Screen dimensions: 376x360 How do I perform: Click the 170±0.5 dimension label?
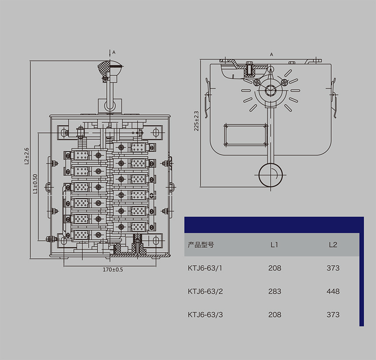pyautogui.click(x=113, y=270)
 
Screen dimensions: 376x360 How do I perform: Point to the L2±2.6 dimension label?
pyautogui.click(x=27, y=156)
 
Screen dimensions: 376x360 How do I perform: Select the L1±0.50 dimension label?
pyautogui.click(x=35, y=184)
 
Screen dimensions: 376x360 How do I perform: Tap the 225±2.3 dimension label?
pyautogui.click(x=197, y=121)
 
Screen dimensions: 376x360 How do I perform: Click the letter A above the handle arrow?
pyautogui.click(x=114, y=52)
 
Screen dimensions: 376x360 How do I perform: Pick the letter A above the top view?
pyautogui.click(x=272, y=55)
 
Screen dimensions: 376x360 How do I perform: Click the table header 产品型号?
pyautogui.click(x=201, y=245)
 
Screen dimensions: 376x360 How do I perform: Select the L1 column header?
pyautogui.click(x=274, y=245)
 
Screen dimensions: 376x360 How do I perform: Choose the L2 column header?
pyautogui.click(x=333, y=245)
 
